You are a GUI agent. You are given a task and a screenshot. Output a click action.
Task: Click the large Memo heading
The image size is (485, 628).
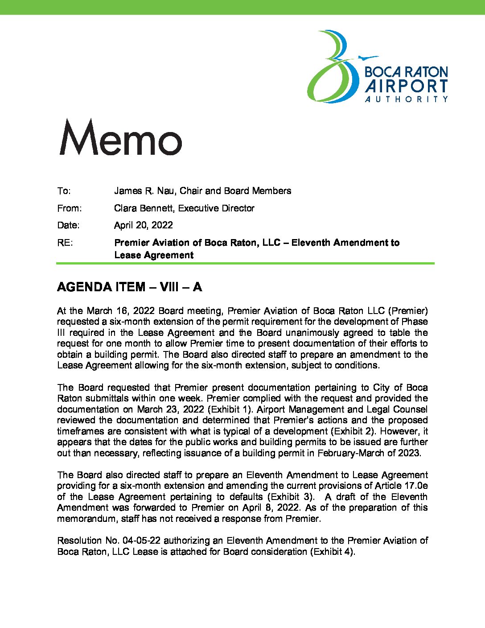click(120, 137)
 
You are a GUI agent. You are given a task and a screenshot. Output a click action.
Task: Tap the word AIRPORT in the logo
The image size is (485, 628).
click(406, 86)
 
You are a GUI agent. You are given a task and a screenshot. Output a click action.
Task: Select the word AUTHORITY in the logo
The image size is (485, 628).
click(406, 99)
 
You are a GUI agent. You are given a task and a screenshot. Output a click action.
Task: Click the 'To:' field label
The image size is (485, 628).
click(64, 191)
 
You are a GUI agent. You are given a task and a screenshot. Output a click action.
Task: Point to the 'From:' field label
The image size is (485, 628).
click(69, 208)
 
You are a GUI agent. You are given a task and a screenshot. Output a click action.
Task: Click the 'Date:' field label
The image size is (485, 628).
click(68, 225)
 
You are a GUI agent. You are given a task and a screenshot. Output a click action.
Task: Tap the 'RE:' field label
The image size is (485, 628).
click(65, 243)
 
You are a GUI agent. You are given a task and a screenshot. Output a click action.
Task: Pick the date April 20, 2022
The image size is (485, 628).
click(143, 225)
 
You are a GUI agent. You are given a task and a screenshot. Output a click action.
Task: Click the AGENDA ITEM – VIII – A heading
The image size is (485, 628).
click(129, 287)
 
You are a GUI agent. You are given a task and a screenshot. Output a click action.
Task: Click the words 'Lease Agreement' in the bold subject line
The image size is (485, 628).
click(154, 255)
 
